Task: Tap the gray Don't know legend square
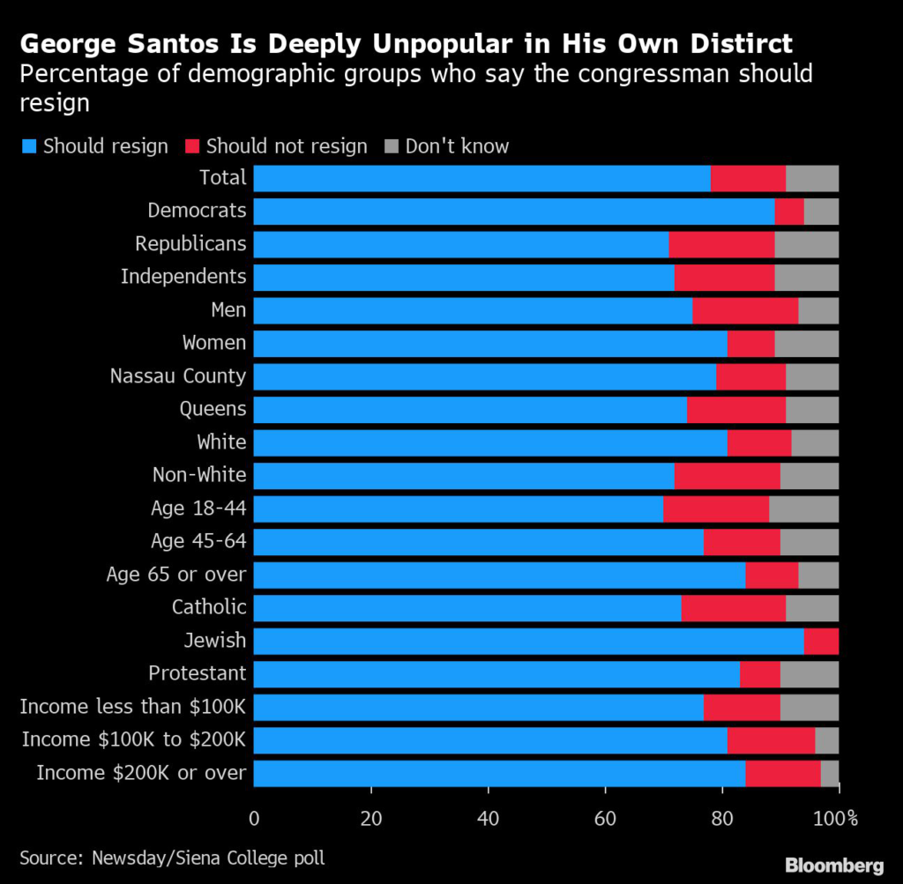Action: [x=392, y=146]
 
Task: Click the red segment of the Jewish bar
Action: [x=821, y=641]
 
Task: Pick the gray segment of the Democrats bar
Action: [x=821, y=212]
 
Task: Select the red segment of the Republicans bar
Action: [x=721, y=244]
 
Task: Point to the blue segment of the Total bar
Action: [x=481, y=178]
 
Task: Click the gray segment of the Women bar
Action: [x=806, y=344]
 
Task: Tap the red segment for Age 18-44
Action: [x=716, y=509]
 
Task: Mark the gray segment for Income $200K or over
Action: [x=829, y=773]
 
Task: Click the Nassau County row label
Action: [x=177, y=376]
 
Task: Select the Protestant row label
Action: [x=197, y=673]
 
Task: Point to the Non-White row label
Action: [x=198, y=475]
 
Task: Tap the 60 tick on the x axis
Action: [x=605, y=818]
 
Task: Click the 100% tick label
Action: [x=840, y=818]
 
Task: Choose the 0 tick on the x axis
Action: [x=254, y=818]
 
